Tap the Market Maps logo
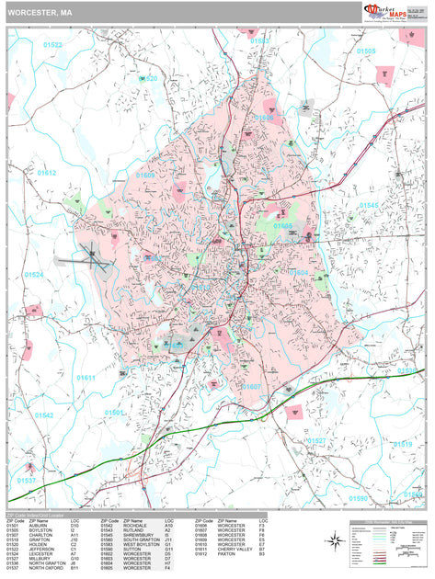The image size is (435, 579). tap(387, 12)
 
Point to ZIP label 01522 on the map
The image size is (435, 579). tap(52, 45)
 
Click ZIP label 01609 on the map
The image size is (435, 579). tap(145, 174)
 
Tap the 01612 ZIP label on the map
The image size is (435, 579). tap(46, 173)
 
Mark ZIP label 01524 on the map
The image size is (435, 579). tap(34, 275)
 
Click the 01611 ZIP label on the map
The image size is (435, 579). tap(86, 378)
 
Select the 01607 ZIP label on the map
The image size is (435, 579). tap(251, 387)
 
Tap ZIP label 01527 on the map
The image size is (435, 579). tap(315, 441)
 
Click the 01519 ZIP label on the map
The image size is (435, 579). tap(402, 444)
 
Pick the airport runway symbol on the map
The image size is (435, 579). tap(94, 259)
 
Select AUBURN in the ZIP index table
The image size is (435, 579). tap(40, 527)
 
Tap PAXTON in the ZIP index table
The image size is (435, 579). tap(227, 554)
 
